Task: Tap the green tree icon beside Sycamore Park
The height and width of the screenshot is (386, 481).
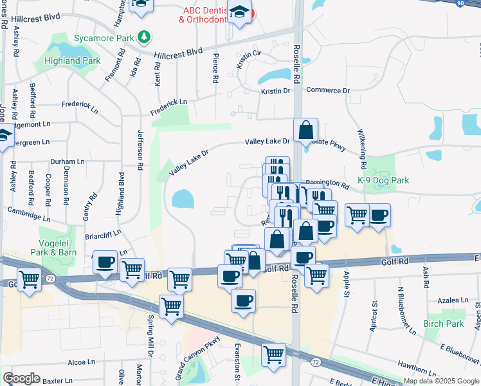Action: pos(147,37)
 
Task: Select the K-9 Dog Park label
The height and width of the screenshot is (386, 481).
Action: pos(383,181)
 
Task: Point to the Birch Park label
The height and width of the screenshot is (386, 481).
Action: pos(444,324)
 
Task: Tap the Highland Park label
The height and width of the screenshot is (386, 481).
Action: pos(72,60)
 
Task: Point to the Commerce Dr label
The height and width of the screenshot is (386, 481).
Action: pos(327,91)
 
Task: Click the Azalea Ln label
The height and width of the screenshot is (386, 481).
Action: pos(453,300)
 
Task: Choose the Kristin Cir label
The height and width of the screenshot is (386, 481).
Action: pos(248,59)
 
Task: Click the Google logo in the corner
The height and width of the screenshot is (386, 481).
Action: pos(21,378)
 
